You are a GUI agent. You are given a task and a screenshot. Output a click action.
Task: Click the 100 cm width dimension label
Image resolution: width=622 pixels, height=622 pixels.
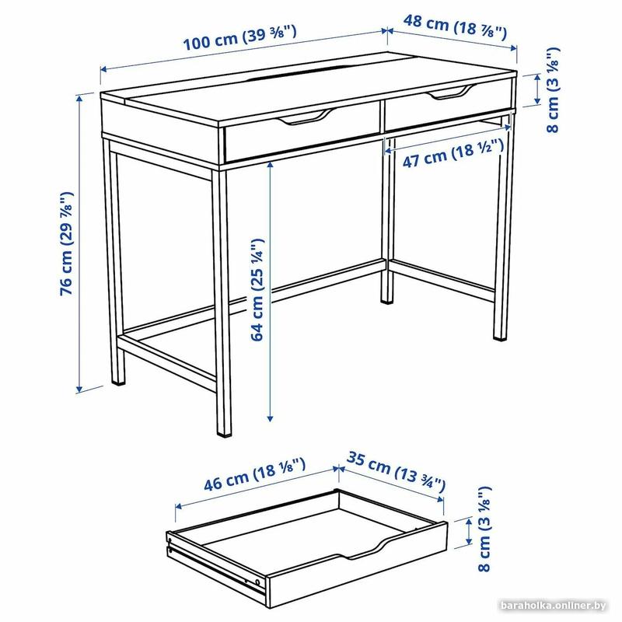pyautogui.click(x=239, y=37)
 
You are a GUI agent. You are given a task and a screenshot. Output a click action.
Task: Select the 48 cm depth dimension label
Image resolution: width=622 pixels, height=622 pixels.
pyautogui.click(x=455, y=27)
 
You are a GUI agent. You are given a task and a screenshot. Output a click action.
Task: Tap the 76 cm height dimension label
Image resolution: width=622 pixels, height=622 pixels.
pyautogui.click(x=66, y=243)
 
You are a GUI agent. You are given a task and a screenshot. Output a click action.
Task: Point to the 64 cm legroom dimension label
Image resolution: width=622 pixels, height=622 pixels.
pyautogui.click(x=257, y=289)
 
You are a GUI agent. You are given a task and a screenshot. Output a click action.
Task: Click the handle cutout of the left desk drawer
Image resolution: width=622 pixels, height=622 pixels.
pyautogui.click(x=306, y=117)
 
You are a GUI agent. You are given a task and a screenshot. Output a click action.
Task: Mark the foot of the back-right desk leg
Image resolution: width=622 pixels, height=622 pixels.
pyautogui.click(x=500, y=337)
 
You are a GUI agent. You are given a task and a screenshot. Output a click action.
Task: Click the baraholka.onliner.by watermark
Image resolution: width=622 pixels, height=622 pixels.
pyautogui.click(x=554, y=606)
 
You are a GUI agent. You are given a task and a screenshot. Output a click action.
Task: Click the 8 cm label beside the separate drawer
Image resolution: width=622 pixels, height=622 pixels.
pyautogui.click(x=484, y=529)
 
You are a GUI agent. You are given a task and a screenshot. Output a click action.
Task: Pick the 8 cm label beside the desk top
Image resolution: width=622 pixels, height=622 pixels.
pyautogui.click(x=553, y=90)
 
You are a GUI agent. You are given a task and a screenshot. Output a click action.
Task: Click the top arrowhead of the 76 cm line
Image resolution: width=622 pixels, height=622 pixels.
pyautogui.click(x=80, y=98)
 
